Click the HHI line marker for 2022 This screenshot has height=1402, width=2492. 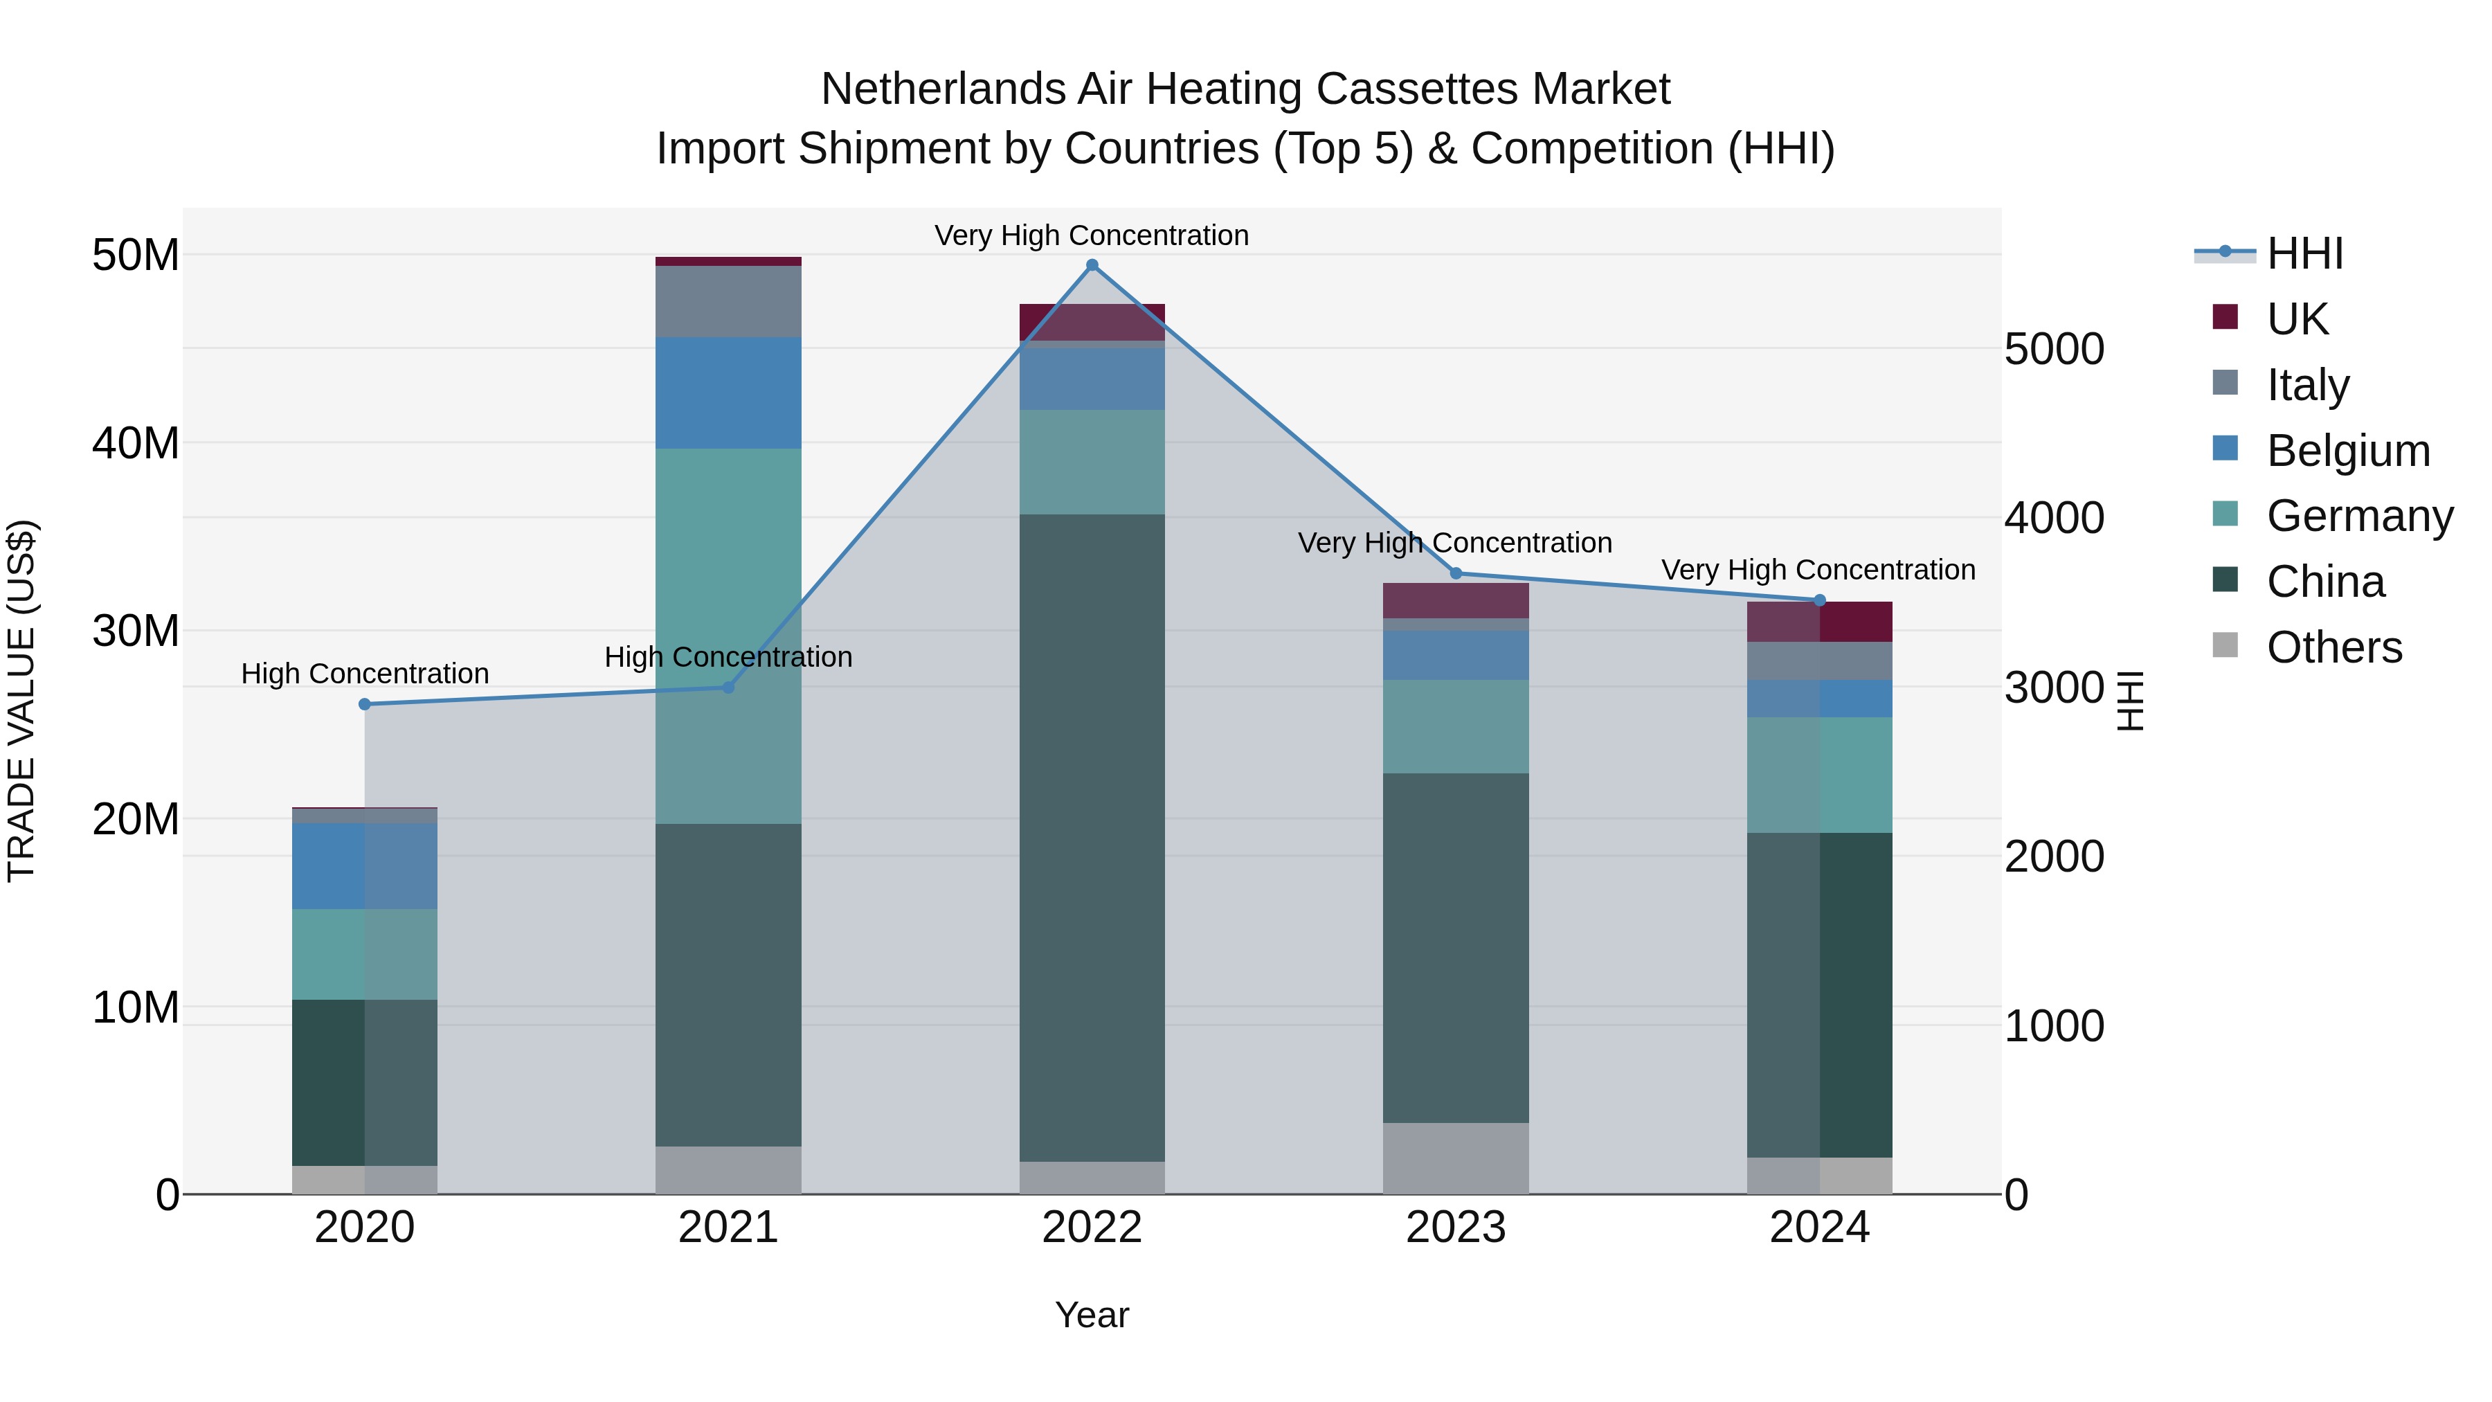click(1092, 265)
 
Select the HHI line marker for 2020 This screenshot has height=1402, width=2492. click(365, 704)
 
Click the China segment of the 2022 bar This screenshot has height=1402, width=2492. click(1092, 837)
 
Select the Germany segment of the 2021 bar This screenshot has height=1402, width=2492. click(728, 636)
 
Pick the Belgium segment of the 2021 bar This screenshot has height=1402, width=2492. click(728, 393)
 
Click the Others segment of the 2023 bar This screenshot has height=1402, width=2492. click(1456, 1158)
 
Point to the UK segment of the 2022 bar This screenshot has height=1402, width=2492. click(1092, 322)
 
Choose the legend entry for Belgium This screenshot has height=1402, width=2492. click(2348, 451)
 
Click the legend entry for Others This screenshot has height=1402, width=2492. click(2333, 647)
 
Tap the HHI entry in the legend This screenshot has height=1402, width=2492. click(2304, 253)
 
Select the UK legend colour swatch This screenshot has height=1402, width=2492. click(2225, 317)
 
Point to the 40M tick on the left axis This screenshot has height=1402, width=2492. click(136, 443)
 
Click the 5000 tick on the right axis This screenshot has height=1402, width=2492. click(2054, 350)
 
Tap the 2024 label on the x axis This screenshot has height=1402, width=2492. click(1818, 1228)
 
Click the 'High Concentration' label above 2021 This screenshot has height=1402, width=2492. click(728, 657)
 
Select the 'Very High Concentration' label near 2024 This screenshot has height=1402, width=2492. click(1818, 570)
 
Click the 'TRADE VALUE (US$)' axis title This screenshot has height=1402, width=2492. click(21, 701)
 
